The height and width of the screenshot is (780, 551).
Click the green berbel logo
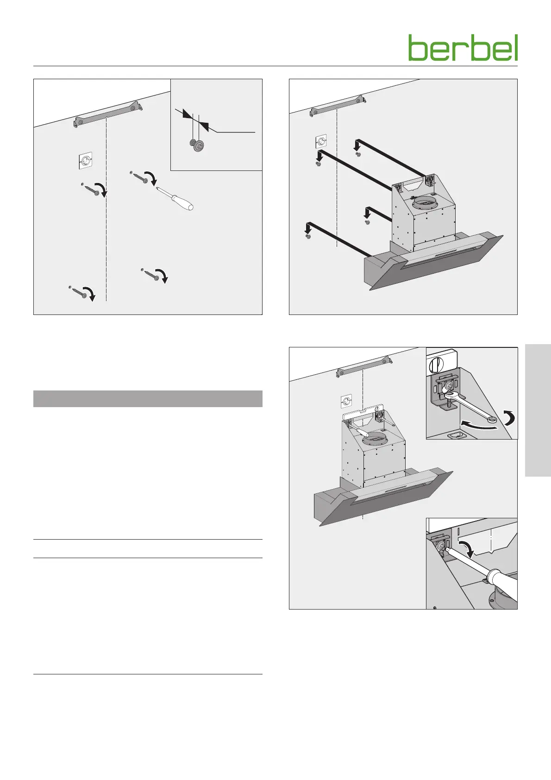463,47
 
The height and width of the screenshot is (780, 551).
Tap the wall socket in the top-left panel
85,160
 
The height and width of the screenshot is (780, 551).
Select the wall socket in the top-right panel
320,142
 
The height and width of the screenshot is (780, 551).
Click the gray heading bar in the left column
148,399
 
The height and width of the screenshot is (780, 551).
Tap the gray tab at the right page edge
538,410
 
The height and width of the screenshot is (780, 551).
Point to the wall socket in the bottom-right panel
346,402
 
